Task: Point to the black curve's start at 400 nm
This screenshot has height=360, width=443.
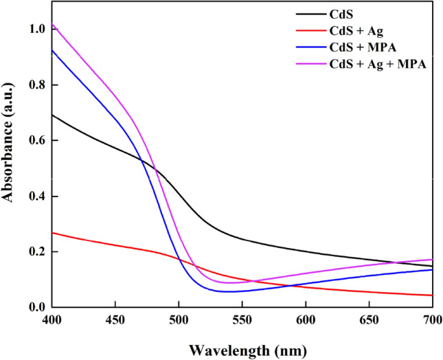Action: point(52,115)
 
